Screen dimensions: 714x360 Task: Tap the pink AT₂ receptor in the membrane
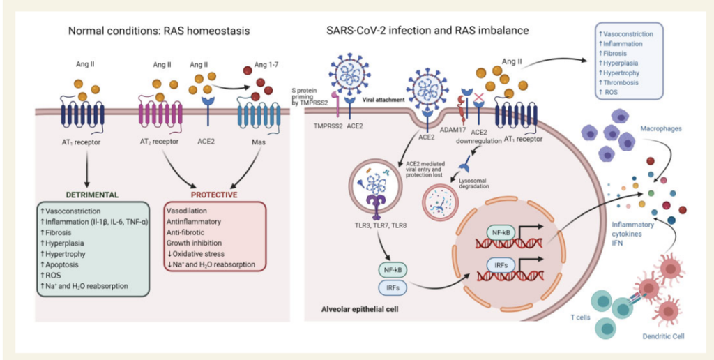pos(160,115)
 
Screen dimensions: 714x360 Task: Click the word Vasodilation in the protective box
pos(187,211)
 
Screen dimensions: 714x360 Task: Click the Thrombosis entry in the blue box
pos(621,84)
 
